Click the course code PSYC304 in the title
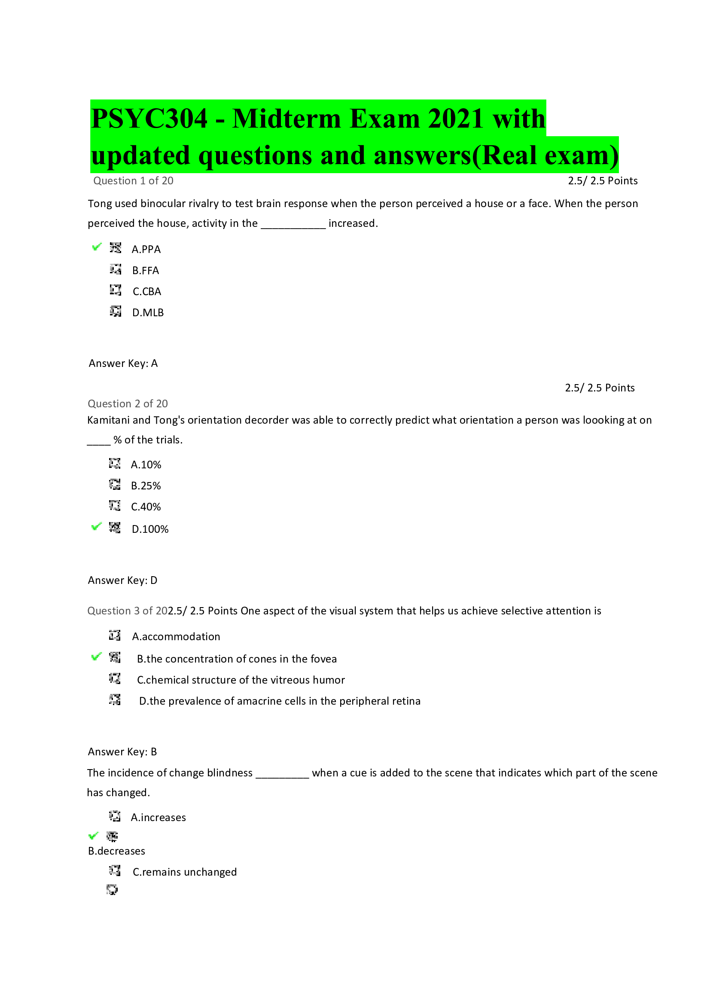(149, 119)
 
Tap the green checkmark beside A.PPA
(97, 247)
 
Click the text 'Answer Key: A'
(123, 364)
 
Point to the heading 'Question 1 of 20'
(133, 181)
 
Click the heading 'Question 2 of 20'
(127, 403)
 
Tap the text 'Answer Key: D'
(122, 580)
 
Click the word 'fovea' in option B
(323, 659)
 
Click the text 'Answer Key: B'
(122, 752)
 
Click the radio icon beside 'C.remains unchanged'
(115, 870)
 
